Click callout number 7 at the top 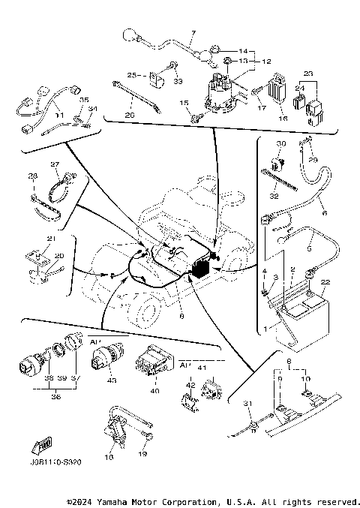[x=192, y=34]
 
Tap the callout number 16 [x=283, y=119]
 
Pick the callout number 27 [x=55, y=164]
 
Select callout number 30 [x=281, y=143]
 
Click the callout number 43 [x=112, y=380]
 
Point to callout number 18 [x=109, y=455]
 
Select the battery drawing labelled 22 [x=304, y=319]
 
